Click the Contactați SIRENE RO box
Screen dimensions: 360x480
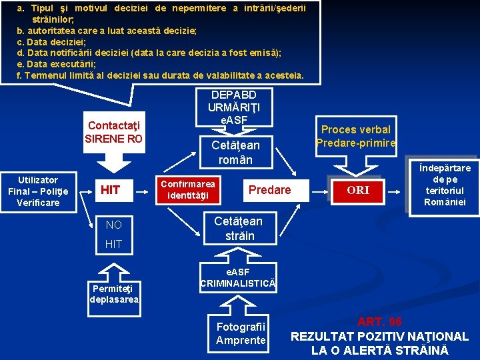point(114,132)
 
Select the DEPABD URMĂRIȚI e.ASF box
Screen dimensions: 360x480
point(228,107)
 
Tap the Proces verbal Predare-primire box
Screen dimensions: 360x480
point(356,135)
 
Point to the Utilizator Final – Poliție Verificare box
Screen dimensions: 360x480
point(38,191)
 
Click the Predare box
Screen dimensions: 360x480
point(269,190)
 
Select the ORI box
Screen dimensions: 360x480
point(358,190)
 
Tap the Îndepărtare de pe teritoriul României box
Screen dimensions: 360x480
point(445,185)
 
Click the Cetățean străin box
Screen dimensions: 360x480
point(238,228)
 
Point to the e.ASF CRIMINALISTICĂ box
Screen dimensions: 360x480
point(238,278)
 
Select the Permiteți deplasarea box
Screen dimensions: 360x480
point(113,294)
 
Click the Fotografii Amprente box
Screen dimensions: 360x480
point(241,333)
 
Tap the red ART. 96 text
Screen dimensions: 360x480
point(379,323)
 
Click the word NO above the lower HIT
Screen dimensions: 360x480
point(114,225)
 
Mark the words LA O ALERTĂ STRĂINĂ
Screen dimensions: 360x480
point(379,351)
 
